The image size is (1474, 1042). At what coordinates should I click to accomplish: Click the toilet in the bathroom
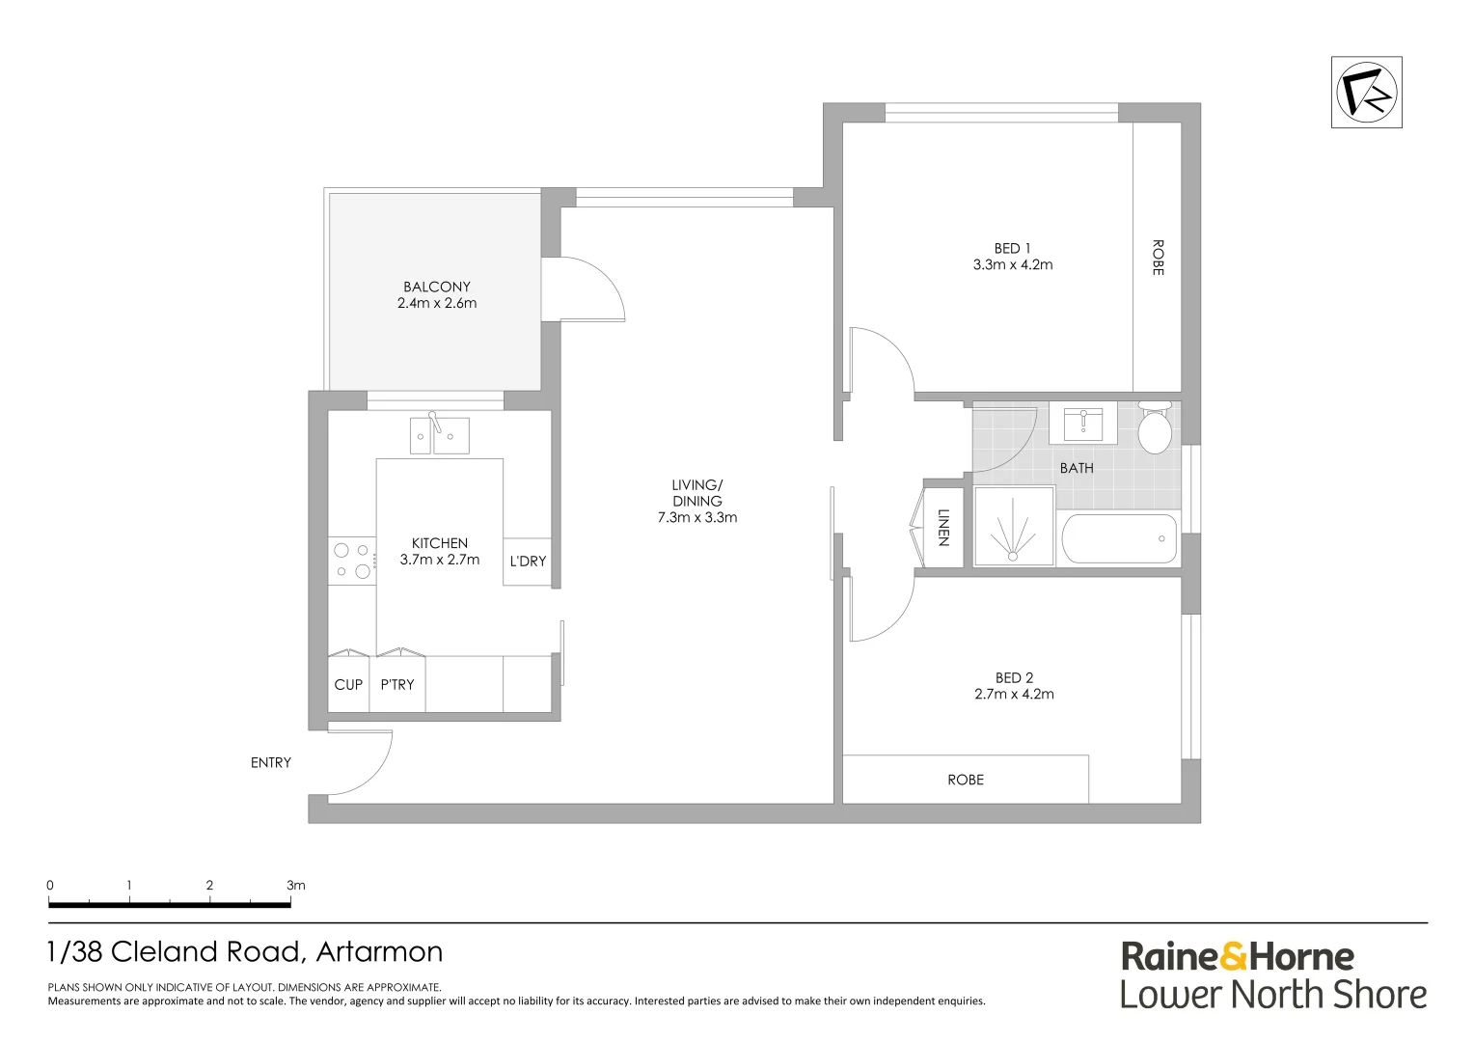tap(1154, 430)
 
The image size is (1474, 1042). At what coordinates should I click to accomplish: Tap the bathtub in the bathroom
tap(1119, 538)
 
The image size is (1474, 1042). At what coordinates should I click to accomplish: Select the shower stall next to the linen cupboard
tap(1013, 526)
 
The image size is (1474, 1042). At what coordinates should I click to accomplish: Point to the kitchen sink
tap(439, 435)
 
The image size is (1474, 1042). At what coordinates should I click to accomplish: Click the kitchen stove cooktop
tap(352, 561)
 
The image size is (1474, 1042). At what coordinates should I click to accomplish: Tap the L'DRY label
tap(528, 562)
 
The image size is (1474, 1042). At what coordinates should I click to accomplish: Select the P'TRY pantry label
tap(396, 685)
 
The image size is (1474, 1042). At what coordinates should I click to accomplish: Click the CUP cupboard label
tap(348, 685)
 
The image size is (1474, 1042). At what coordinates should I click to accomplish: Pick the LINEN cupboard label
tap(943, 528)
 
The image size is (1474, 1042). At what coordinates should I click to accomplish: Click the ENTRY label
tap(271, 763)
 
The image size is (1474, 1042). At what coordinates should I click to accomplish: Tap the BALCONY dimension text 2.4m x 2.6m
tap(437, 303)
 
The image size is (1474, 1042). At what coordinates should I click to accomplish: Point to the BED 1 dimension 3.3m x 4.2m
tap(1013, 264)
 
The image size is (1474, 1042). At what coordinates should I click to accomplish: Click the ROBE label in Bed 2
tap(966, 781)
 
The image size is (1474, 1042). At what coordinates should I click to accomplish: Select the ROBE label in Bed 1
tap(1158, 258)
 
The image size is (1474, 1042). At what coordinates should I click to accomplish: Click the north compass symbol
tap(1366, 93)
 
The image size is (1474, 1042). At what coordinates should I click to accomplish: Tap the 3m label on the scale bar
tap(295, 885)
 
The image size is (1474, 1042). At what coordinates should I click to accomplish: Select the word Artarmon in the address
tap(379, 952)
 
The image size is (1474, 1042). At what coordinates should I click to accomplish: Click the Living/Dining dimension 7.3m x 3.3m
tap(697, 517)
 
